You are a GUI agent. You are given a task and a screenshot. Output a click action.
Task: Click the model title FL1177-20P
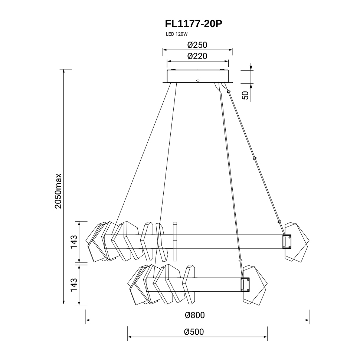pyautogui.click(x=193, y=24)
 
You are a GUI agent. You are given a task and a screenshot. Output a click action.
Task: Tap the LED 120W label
pyautogui.click(x=177, y=34)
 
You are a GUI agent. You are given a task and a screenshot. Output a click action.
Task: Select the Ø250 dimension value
pyautogui.click(x=197, y=45)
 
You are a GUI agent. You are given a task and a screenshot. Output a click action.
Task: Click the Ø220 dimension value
pyautogui.click(x=197, y=56)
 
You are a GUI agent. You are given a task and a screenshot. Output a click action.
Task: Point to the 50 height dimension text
pyautogui.click(x=245, y=95)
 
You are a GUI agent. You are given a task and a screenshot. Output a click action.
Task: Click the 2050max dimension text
pyautogui.click(x=58, y=191)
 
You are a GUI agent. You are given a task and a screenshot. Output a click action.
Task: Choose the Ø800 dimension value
pyautogui.click(x=195, y=315)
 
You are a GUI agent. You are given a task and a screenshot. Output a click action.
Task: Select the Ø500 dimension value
pyautogui.click(x=194, y=332)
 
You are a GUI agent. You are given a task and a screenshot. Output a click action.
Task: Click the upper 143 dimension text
pyautogui.click(x=74, y=242)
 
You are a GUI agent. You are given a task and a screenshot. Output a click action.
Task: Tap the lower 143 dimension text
pyautogui.click(x=74, y=285)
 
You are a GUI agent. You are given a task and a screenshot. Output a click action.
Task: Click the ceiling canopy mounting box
pyautogui.click(x=198, y=76)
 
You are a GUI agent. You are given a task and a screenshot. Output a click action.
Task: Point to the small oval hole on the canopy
pyautogui.click(x=198, y=81)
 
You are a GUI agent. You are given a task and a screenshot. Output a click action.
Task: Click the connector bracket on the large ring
pyautogui.click(x=287, y=242)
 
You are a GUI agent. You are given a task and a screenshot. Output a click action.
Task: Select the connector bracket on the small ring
pyautogui.click(x=245, y=284)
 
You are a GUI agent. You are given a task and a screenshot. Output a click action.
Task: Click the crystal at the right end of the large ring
pyautogui.click(x=297, y=242)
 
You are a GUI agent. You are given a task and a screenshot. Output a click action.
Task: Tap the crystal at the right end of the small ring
pyautogui.click(x=255, y=285)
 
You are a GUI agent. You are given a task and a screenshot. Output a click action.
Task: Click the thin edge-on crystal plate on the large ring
pyautogui.click(x=175, y=241)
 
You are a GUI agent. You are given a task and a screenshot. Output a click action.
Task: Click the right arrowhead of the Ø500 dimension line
pyautogui.click(x=265, y=337)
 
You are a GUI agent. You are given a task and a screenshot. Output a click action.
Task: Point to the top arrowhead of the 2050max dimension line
pyautogui.click(x=63, y=71)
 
